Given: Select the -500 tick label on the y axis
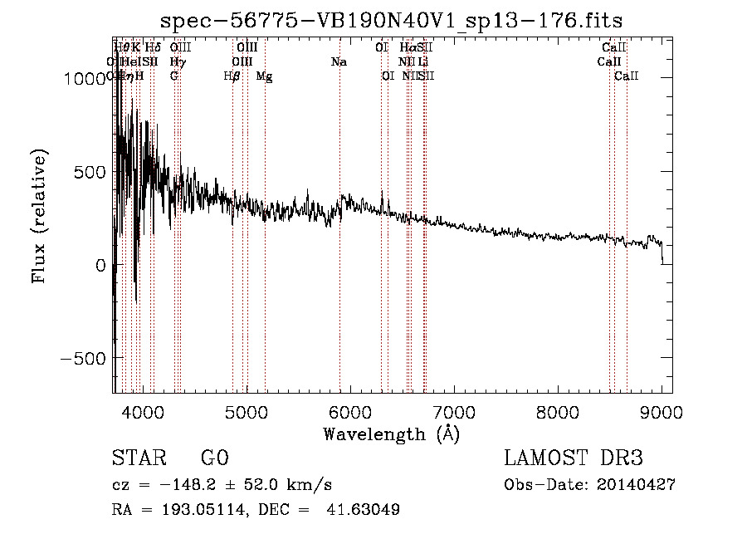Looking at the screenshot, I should (x=84, y=358).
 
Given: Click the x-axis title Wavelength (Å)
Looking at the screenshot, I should (x=391, y=434).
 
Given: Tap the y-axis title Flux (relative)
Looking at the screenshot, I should (x=39, y=216).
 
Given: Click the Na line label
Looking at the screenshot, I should (x=339, y=62).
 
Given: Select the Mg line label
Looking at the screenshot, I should (x=264, y=76).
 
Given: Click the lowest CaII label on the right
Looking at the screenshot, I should (x=627, y=76).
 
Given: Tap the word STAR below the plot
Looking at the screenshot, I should (x=138, y=458).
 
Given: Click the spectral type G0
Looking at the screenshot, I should (x=214, y=458).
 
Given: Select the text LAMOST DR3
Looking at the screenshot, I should (x=573, y=458).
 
